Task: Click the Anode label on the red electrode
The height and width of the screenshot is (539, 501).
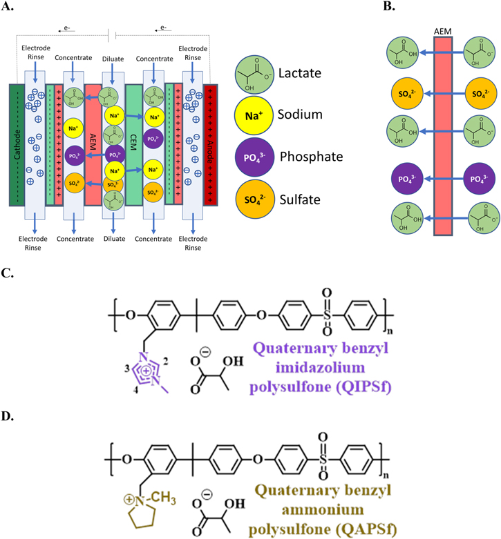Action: tap(210, 145)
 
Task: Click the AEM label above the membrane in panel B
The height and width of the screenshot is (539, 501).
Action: tap(443, 31)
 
